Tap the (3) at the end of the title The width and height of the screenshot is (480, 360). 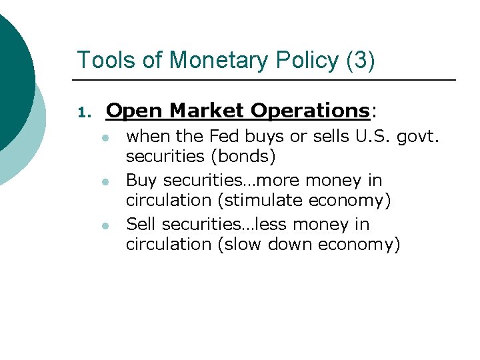tap(361, 60)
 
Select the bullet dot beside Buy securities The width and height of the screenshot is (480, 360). tap(105, 181)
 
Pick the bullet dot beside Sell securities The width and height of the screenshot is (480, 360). tap(105, 225)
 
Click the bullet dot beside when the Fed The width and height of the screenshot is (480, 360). tap(105, 137)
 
